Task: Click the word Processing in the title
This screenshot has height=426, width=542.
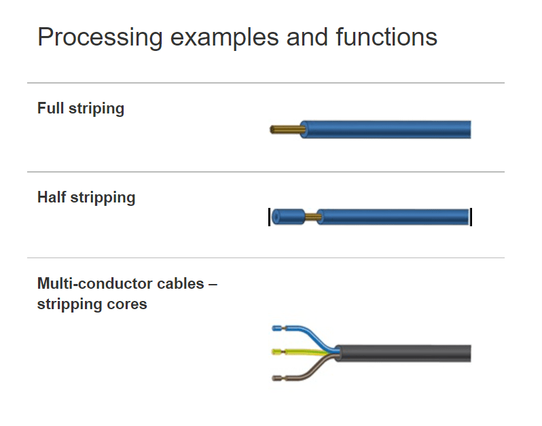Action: coord(100,37)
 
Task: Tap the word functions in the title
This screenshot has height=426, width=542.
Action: coord(386,37)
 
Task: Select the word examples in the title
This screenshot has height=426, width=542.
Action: coord(224,37)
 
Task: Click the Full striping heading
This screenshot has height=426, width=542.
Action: coord(81,109)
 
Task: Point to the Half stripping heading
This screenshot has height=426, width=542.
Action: coord(86,198)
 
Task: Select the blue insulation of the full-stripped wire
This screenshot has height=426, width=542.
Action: coord(385,130)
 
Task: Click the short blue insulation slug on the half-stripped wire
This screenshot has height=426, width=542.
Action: coord(288,217)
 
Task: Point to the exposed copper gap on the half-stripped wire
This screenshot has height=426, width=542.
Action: coord(312,217)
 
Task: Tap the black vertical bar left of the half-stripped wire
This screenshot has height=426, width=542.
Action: coord(269,217)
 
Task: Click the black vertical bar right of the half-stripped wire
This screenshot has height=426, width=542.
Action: coord(471,217)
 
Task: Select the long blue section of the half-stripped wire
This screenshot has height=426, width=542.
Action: coord(393,217)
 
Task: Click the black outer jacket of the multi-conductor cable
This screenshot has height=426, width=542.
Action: coord(403,353)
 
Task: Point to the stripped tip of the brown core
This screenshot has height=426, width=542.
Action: coord(278,378)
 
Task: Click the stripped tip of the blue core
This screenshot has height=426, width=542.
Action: coord(278,328)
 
